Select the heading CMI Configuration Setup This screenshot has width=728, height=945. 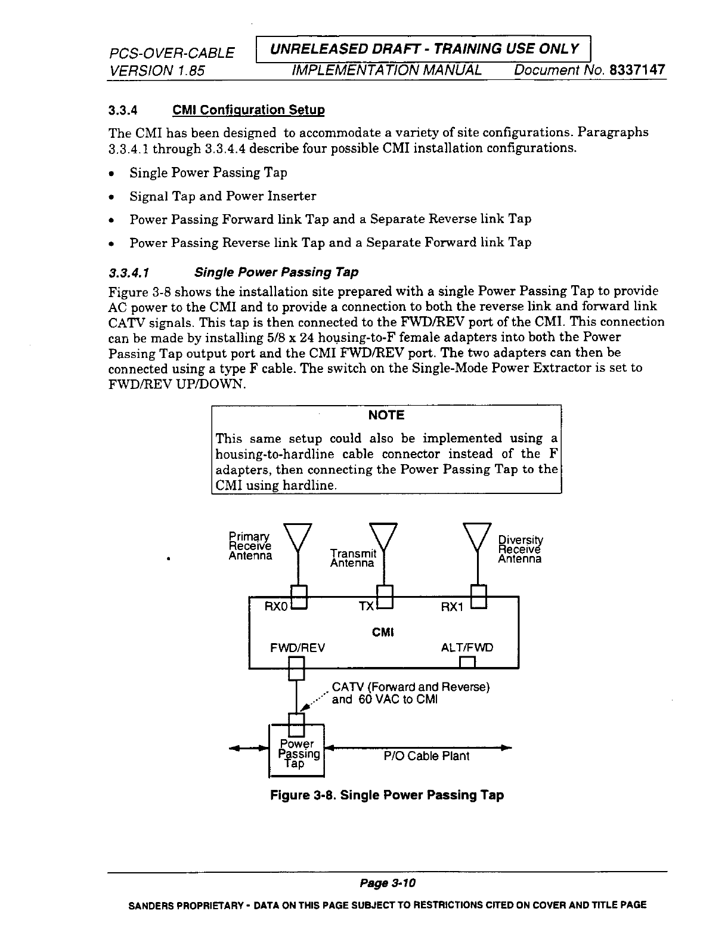coord(248,110)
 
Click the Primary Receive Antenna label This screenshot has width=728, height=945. coord(250,546)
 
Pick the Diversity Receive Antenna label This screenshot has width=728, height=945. coord(520,549)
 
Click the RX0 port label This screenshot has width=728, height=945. coord(277,607)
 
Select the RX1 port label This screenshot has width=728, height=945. coord(452,607)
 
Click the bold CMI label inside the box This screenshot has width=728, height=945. coord(384,632)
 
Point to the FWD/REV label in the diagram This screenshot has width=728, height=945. coord(298,648)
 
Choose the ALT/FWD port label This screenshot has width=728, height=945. coord(467,648)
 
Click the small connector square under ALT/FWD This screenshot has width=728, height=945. coord(467,662)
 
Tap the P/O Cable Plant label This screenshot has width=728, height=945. coord(426,756)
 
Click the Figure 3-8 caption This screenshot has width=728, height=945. coord(387,795)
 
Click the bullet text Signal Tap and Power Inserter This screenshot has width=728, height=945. coord(223,196)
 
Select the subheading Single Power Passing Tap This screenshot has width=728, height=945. coord(277,273)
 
